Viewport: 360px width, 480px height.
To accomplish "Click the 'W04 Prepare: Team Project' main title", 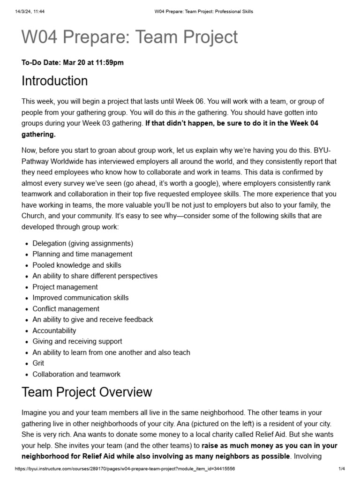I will (130, 37).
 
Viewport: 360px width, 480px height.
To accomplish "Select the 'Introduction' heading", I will (54, 81).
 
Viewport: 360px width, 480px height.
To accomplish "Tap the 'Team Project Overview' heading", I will (87, 392).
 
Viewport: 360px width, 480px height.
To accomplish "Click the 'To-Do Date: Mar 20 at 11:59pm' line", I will (73, 62).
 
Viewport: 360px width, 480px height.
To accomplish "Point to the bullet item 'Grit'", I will (38, 363).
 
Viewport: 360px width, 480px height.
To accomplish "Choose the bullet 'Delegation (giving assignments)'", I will (82, 243).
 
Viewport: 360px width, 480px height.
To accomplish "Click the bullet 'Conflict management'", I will (66, 309).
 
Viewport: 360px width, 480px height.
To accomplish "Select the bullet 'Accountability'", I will (54, 330).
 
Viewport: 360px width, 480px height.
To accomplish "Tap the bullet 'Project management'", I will (65, 287).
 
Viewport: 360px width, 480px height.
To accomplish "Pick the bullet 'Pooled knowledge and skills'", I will (77, 265).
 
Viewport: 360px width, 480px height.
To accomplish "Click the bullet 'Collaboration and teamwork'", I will (76, 374).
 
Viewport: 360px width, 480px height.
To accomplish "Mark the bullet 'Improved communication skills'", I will (80, 298).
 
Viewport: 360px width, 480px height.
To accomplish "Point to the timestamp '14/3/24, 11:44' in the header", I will (29, 11).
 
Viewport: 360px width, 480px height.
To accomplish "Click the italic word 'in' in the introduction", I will (180, 112).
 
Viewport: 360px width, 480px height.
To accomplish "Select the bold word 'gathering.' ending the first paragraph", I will (38, 135).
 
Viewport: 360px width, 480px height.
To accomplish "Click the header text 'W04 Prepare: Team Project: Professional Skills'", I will (204, 11).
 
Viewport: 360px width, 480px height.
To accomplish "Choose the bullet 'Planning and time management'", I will (82, 254).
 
